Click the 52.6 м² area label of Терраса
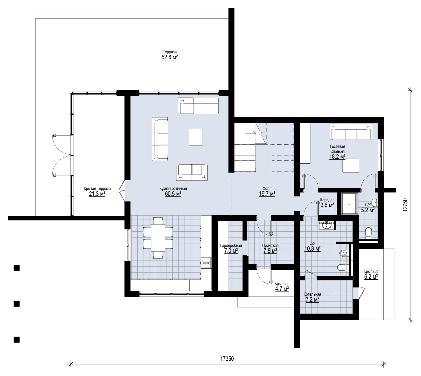[170, 57]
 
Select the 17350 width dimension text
[227, 359]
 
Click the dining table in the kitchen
[158, 237]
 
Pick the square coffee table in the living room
[196, 137]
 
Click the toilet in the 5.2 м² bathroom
[368, 233]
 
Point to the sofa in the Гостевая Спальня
[350, 132]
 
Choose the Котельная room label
[312, 294]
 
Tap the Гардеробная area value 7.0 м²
[231, 251]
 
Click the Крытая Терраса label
[97, 189]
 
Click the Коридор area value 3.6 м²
[327, 205]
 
